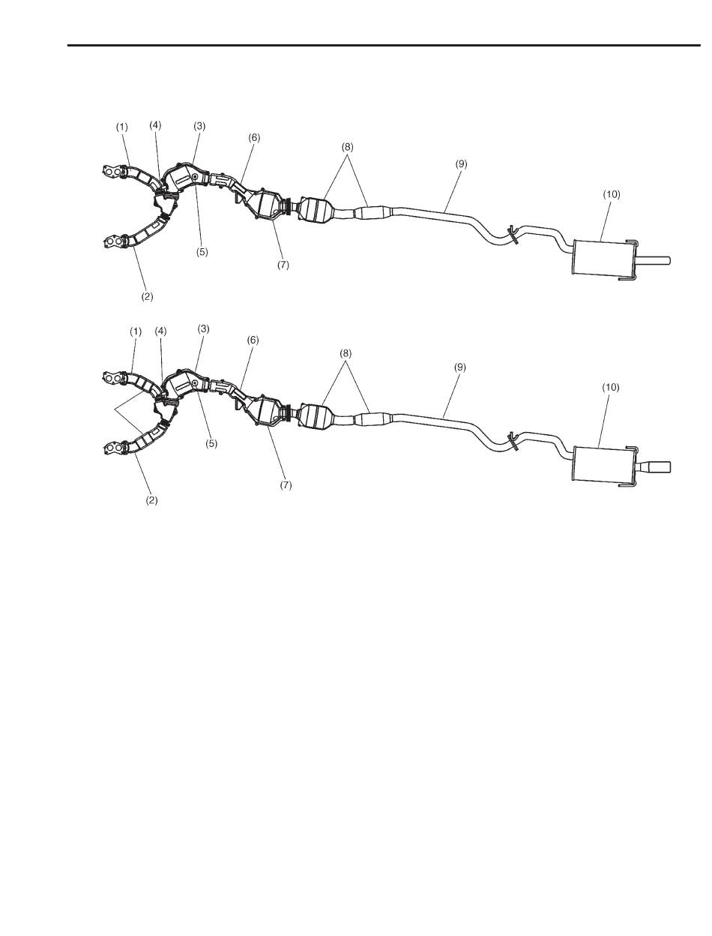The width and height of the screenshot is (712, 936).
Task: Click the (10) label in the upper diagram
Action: (612, 193)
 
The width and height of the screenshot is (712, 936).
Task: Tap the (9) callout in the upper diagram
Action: (460, 163)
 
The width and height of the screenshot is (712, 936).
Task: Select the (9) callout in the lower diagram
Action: (460, 367)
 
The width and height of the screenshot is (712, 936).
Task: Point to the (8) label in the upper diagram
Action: (347, 148)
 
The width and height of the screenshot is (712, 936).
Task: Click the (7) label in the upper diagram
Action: (283, 265)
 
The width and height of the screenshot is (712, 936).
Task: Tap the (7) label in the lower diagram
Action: (286, 485)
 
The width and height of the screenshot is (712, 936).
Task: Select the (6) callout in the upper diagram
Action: (254, 137)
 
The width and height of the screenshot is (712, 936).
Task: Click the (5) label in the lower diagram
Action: (212, 443)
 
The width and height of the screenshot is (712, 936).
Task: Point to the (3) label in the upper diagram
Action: (199, 126)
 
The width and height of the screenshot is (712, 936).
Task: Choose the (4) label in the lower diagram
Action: (161, 330)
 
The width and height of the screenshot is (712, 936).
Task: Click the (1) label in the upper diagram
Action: (121, 127)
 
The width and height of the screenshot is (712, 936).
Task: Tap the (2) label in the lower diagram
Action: (151, 499)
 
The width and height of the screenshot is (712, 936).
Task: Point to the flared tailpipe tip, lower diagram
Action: (660, 466)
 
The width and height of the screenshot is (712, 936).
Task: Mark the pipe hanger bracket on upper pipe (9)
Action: (511, 235)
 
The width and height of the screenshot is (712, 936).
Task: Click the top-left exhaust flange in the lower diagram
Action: (113, 377)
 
